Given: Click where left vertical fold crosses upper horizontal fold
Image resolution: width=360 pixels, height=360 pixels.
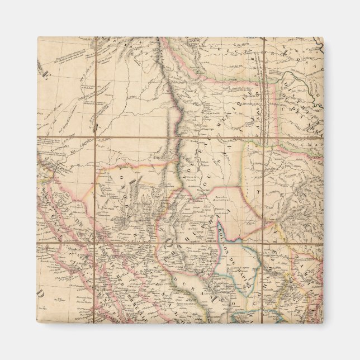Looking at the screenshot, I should coord(96,137).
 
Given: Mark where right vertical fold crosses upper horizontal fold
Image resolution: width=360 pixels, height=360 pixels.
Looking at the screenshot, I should coord(264,137).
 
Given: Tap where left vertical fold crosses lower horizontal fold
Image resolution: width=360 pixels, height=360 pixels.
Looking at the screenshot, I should coord(96,242).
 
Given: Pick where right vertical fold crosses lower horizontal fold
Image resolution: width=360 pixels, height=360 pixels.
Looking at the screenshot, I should coord(264,242).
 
